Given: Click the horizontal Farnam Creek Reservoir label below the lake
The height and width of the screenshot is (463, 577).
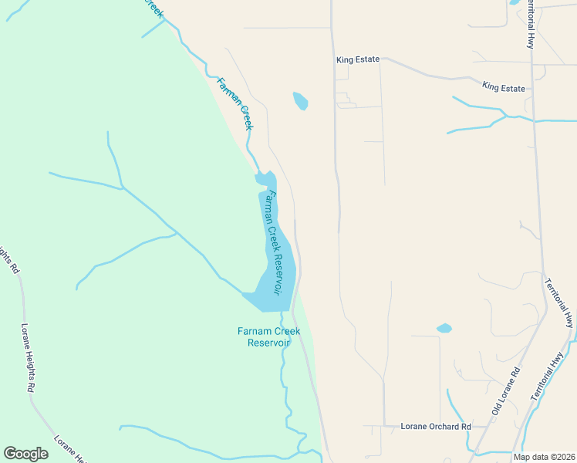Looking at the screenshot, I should [x=268, y=336].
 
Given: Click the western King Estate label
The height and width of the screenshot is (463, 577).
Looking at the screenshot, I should [x=358, y=59].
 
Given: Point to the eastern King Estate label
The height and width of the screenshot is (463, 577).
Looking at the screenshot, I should [x=503, y=88].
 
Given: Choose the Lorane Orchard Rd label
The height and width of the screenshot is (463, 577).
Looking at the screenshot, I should [x=436, y=426].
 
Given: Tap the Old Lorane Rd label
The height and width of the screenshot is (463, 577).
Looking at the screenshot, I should [x=506, y=391].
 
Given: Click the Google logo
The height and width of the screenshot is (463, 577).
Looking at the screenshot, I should [x=26, y=454].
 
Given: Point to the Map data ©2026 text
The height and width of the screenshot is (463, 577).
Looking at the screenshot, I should [x=544, y=457].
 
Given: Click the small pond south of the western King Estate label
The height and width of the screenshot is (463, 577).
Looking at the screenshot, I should [x=300, y=100].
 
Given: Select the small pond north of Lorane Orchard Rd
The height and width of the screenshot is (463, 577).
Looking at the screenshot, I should [x=444, y=328].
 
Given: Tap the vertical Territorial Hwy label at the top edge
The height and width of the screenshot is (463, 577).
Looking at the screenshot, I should [x=531, y=23].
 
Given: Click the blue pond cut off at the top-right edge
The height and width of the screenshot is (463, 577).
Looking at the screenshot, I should [x=515, y=2].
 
